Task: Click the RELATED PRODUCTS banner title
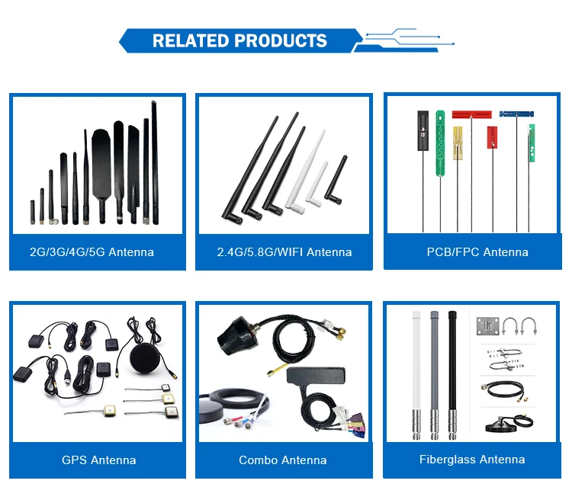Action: pyautogui.click(x=239, y=40)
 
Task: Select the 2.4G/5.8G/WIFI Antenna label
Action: pyautogui.click(x=284, y=252)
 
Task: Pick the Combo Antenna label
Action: pyautogui.click(x=283, y=460)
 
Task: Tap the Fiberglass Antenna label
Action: pyautogui.click(x=472, y=460)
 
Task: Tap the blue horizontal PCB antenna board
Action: pyautogui.click(x=516, y=114)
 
